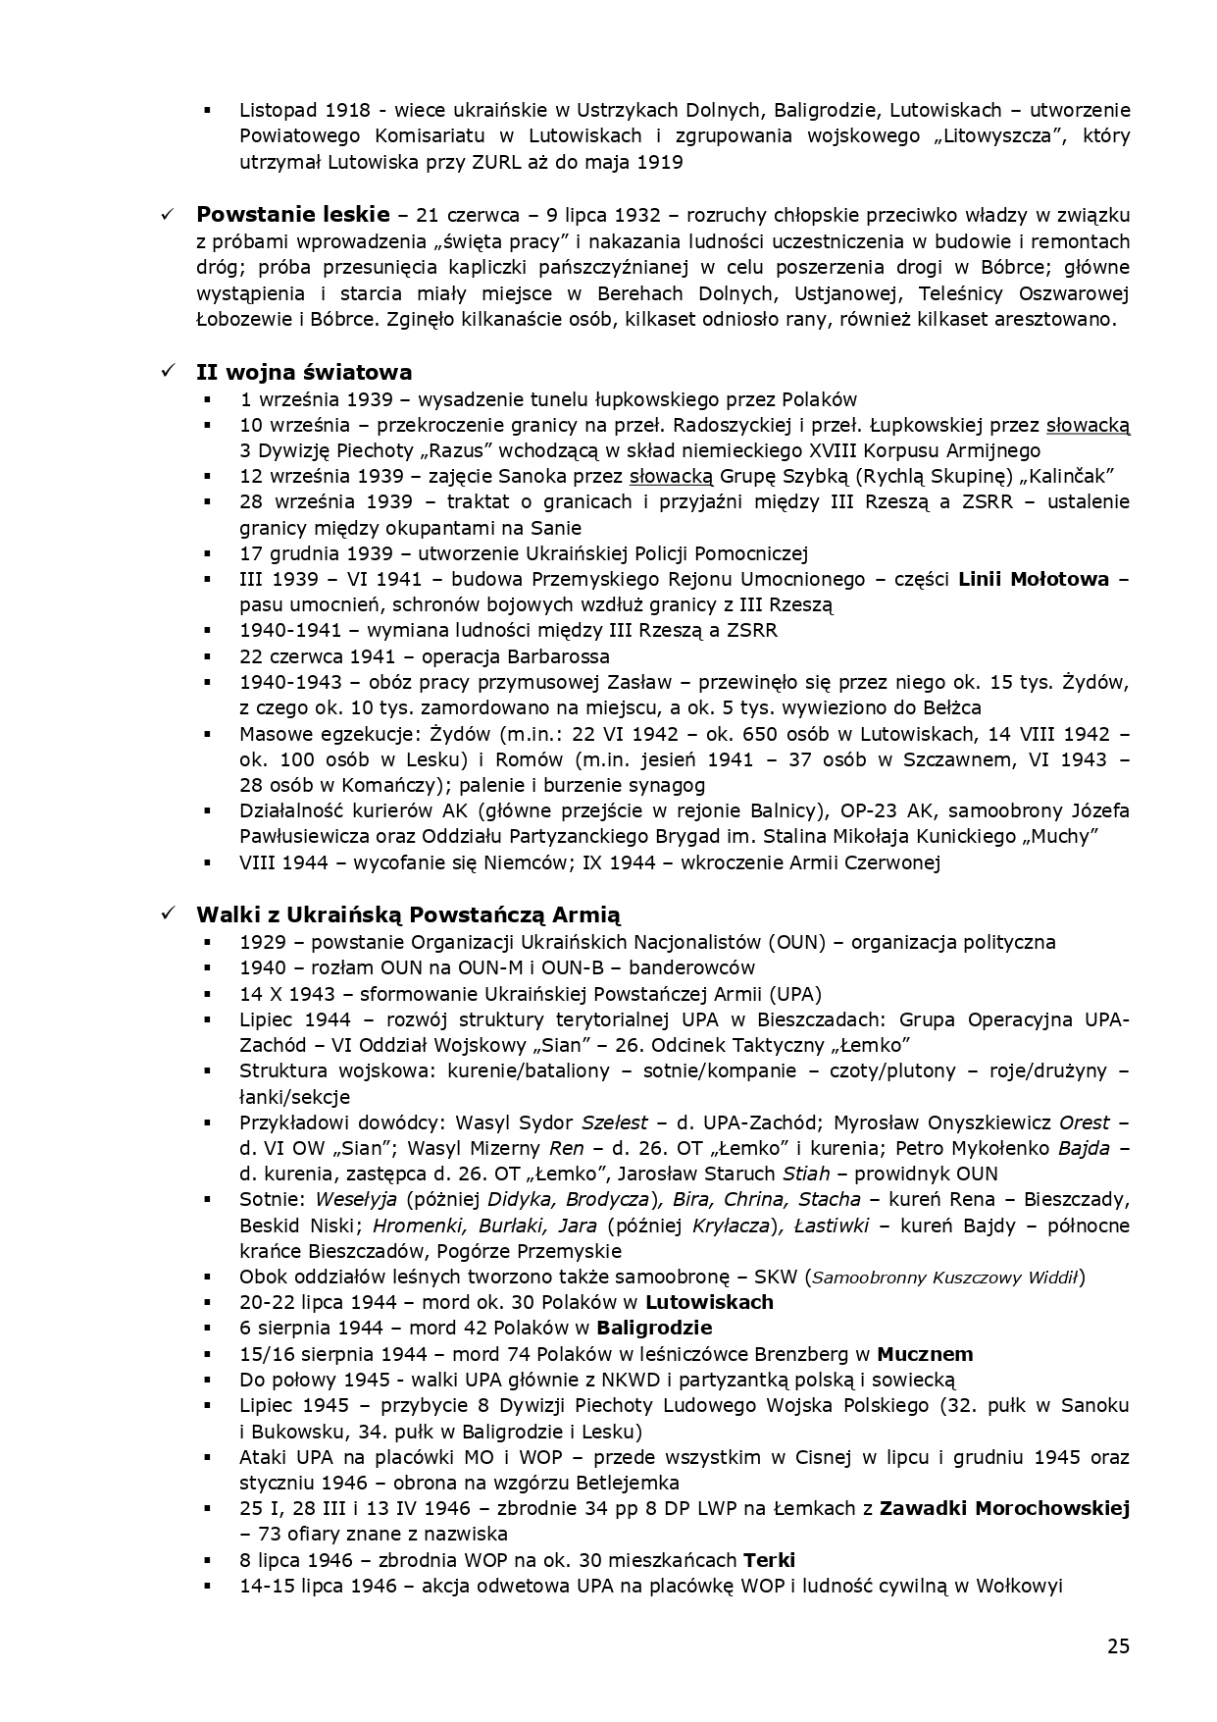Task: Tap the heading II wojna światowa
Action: [x=304, y=372]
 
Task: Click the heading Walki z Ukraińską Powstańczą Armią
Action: [x=408, y=914]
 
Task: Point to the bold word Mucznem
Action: [x=925, y=1354]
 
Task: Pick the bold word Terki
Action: [x=769, y=1559]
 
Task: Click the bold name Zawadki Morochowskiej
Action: [x=1004, y=1508]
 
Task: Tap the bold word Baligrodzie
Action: [x=654, y=1328]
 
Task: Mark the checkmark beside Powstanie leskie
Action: [x=168, y=215]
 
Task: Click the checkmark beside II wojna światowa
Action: [x=168, y=372]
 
